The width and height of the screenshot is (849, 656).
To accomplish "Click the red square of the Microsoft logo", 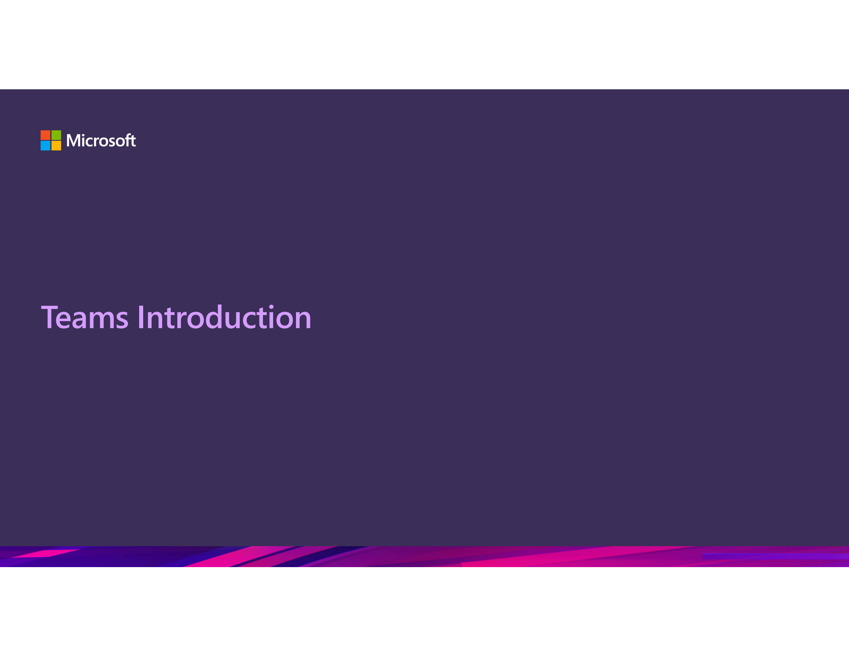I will click(45, 135).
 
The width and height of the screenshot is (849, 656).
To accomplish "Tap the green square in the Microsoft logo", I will click(56, 135).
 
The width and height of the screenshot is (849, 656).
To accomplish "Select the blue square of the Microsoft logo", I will click(45, 146).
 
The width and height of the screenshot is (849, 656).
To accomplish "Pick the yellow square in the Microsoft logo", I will click(56, 146).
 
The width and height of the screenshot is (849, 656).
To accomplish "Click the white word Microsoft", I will click(101, 141).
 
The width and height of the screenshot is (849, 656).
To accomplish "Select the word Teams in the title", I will click(85, 318).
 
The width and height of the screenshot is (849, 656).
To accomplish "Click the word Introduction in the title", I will click(224, 318).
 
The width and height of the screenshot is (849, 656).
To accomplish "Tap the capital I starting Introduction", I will click(140, 318).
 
